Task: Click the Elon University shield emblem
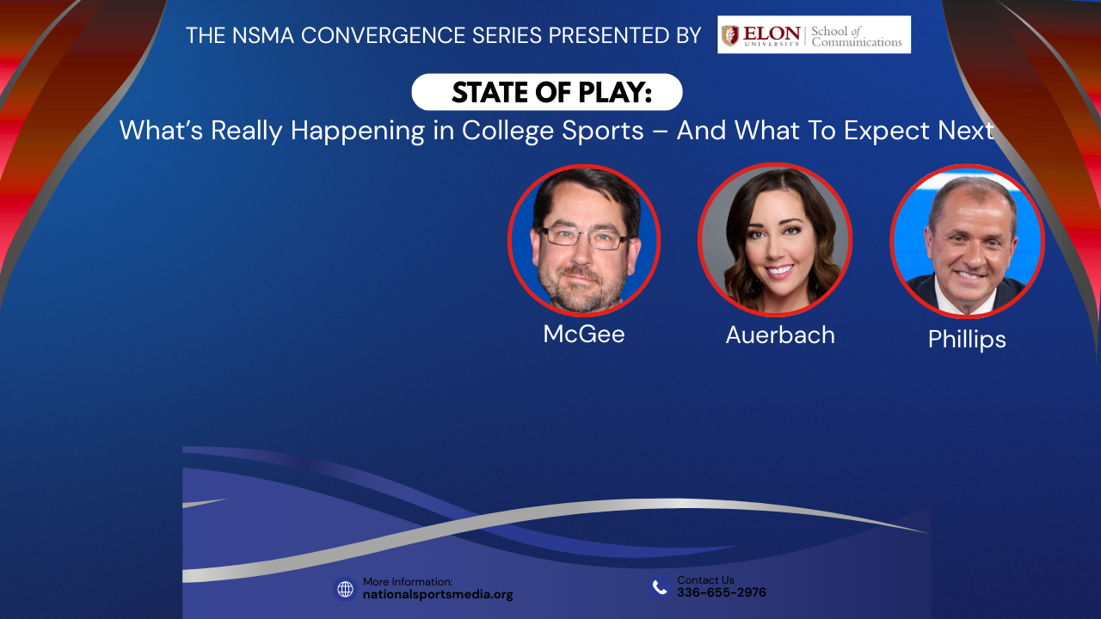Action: [x=730, y=35]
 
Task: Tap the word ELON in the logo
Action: [x=772, y=33]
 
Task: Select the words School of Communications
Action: [x=857, y=36]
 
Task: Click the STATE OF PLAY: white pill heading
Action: [x=547, y=92]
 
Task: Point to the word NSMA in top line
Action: [x=263, y=35]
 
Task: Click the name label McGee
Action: [x=584, y=334]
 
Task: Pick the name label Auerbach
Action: [x=780, y=335]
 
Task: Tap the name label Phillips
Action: [x=967, y=340]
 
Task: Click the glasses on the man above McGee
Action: [x=584, y=237]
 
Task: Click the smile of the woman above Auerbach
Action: [x=779, y=270]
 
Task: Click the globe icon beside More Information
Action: [x=345, y=589]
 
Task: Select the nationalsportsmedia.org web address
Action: [x=438, y=594]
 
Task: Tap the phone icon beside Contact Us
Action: [x=660, y=586]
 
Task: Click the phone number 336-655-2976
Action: [x=722, y=592]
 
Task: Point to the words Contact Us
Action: [x=705, y=580]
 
